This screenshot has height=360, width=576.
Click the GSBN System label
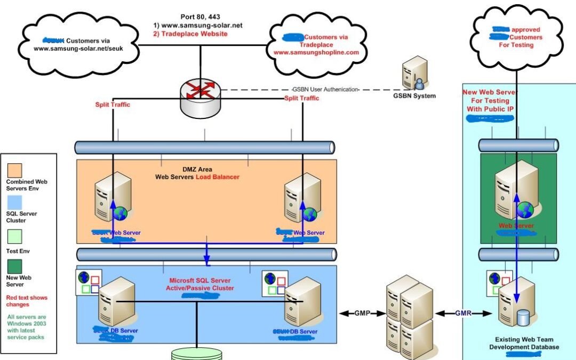(414, 96)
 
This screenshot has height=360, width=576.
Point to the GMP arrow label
(362, 314)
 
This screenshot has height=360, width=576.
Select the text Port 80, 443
(201, 16)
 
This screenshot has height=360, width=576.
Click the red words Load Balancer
(218, 177)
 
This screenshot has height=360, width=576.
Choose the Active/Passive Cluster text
(200, 288)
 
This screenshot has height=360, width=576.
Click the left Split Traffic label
(113, 105)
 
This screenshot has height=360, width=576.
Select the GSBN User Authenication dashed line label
(325, 89)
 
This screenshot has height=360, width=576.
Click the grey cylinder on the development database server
(523, 318)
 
